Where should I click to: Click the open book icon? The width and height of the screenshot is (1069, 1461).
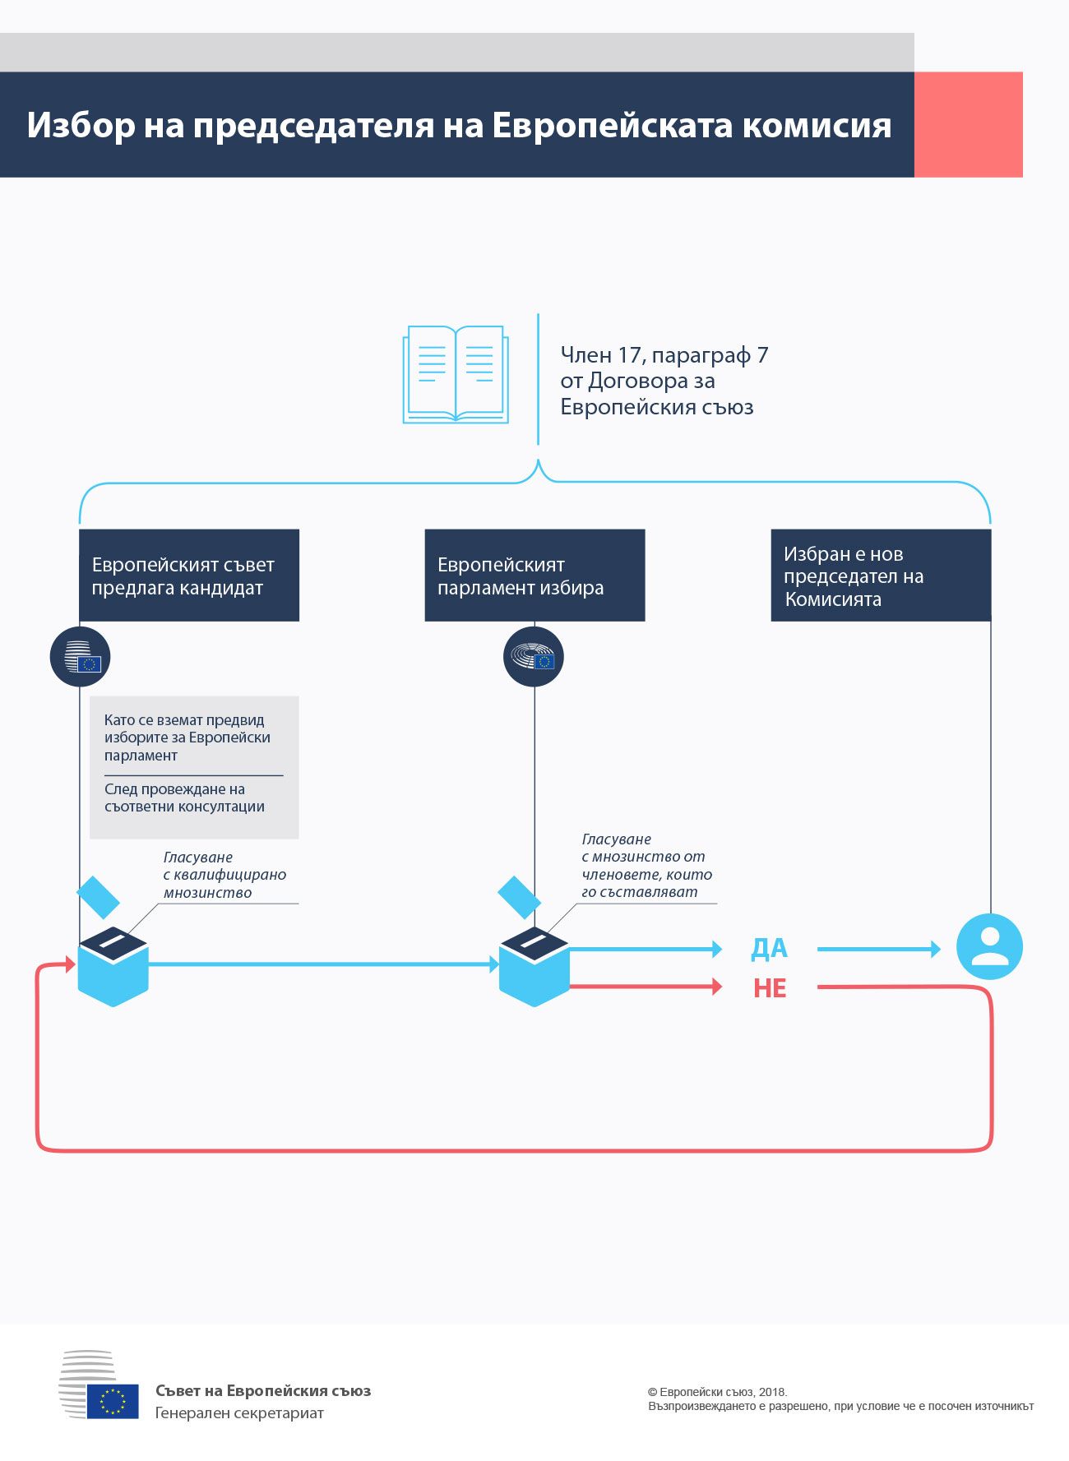click(455, 374)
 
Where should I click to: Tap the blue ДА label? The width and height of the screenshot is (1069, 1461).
click(769, 948)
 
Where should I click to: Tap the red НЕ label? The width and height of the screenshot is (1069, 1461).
click(770, 987)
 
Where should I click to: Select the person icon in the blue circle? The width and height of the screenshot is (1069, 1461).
click(989, 946)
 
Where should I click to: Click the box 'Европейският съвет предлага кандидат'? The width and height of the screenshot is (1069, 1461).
click(188, 576)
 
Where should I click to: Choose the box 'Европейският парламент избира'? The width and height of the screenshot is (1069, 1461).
click(534, 576)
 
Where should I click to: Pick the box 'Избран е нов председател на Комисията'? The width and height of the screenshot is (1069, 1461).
click(881, 576)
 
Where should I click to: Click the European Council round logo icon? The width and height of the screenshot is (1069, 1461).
click(80, 657)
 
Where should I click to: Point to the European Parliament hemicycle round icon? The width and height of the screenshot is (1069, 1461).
click(534, 657)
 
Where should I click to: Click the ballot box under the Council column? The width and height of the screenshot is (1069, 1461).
click(113, 967)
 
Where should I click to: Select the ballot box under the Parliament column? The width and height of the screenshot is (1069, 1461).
click(534, 967)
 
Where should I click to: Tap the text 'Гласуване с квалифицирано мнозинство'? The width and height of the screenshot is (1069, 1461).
click(224, 875)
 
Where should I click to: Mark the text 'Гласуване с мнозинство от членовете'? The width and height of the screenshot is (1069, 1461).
click(646, 866)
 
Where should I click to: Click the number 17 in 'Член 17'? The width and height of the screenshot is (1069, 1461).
click(629, 355)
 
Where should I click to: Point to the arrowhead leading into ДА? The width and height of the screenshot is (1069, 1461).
click(716, 950)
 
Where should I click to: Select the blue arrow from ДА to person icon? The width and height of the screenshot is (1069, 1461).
click(877, 949)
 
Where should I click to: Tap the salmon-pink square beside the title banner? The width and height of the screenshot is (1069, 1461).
click(968, 124)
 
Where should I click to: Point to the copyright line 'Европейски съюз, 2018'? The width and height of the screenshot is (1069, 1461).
click(718, 1392)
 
